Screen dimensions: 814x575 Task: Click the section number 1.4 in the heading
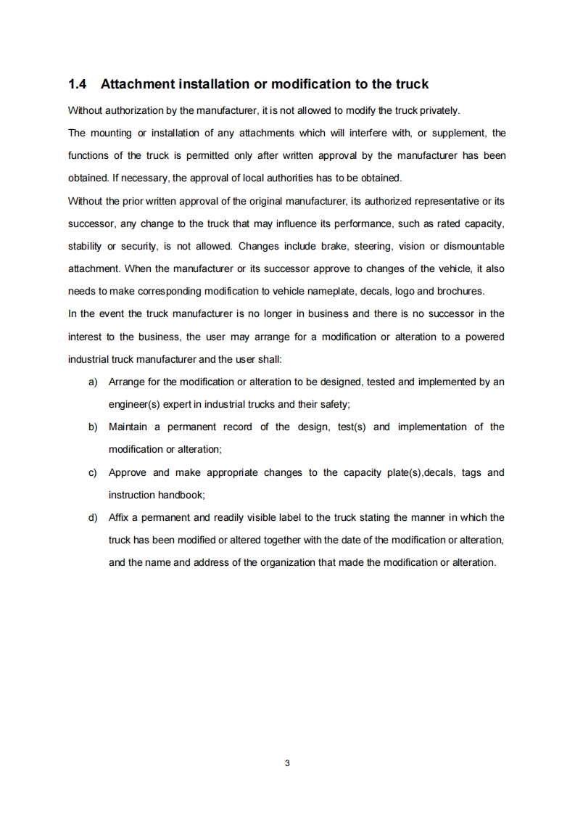tap(78, 84)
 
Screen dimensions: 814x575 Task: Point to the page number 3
tap(288, 762)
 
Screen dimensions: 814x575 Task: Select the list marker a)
tap(93, 382)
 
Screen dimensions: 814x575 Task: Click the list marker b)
tap(93, 427)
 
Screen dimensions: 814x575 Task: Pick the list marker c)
tap(93, 472)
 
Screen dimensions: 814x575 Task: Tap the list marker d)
tap(93, 517)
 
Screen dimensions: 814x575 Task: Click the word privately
tap(438, 110)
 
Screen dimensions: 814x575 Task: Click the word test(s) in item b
tap(352, 427)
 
